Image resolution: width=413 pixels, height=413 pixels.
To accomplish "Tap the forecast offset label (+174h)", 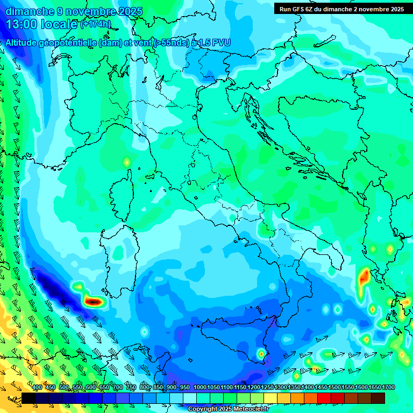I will point(96,24).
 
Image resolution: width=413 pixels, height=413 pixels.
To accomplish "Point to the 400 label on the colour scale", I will point(37,387).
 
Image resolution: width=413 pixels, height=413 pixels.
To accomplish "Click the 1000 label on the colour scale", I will point(200,387).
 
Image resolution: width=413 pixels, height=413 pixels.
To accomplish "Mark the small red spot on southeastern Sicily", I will point(261,354).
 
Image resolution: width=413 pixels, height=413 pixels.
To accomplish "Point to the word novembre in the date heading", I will point(79,11).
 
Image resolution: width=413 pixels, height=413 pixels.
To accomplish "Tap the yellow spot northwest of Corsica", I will point(127,161).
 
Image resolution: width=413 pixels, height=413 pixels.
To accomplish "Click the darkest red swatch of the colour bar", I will point(378,398).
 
